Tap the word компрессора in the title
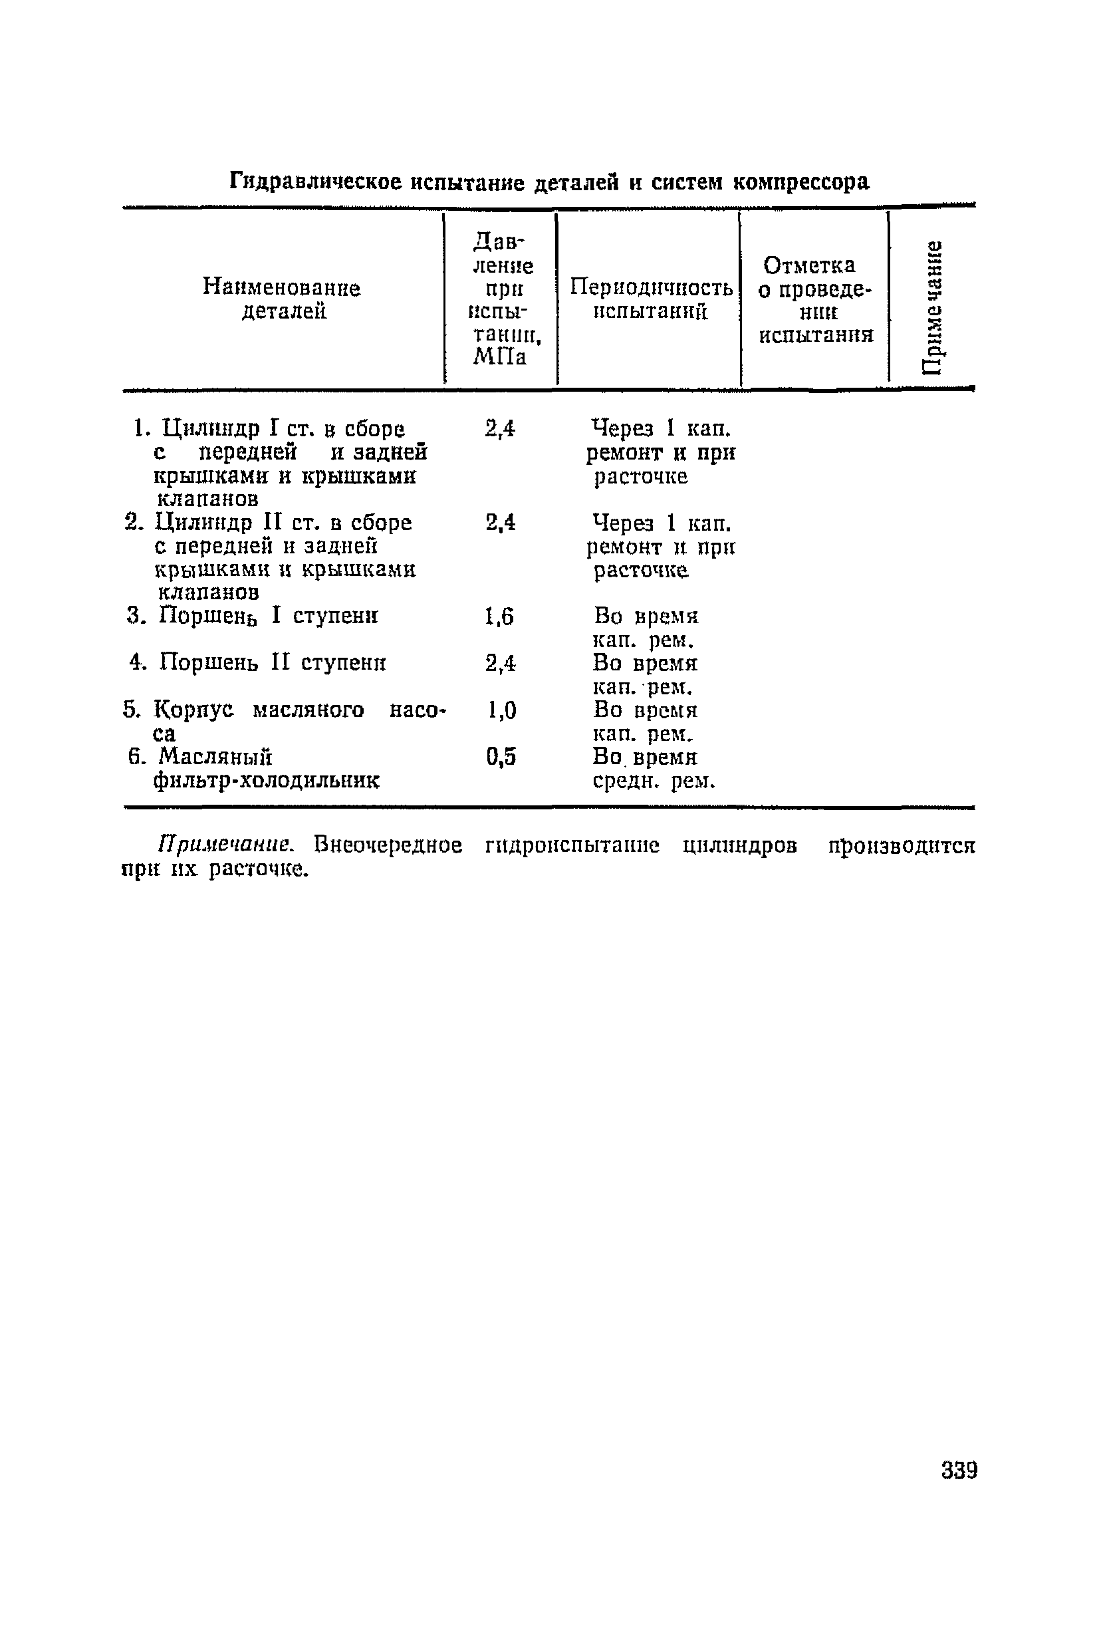tap(800, 182)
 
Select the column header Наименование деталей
tap(282, 299)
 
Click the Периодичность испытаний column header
tap(650, 299)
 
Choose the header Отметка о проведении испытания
tap(816, 299)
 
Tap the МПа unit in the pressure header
tap(499, 358)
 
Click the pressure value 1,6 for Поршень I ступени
tap(500, 617)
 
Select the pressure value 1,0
tap(501, 711)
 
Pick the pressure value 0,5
tap(501, 757)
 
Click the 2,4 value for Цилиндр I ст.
tap(500, 428)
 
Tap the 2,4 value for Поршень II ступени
tap(500, 663)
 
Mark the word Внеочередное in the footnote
tap(388, 845)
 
